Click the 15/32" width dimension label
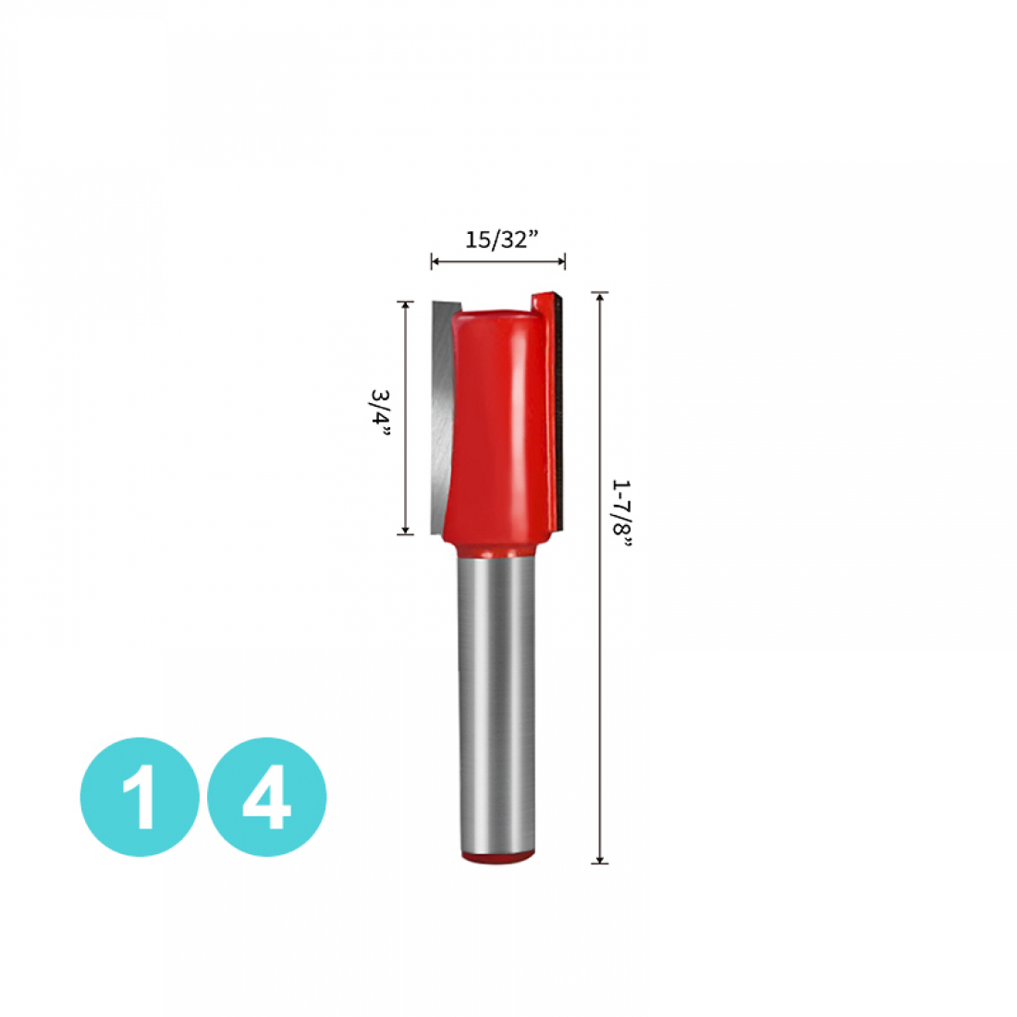tap(502, 240)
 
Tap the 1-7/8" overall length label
tap(621, 516)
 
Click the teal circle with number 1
tap(140, 796)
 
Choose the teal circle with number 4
tap(266, 796)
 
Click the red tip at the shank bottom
tap(497, 858)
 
